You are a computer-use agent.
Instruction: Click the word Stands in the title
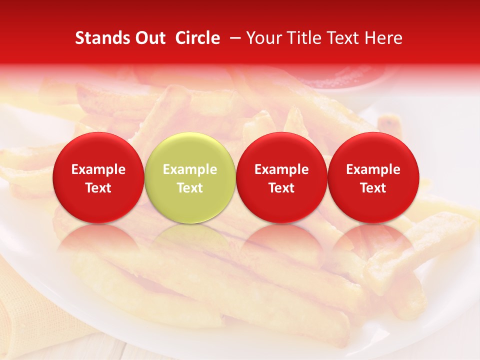coord(101,38)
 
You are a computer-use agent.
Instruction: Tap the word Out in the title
coord(149,38)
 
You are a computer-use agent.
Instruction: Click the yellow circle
coord(190,177)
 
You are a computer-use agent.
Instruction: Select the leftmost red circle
coord(98,177)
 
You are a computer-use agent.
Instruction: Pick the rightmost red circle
coord(373,177)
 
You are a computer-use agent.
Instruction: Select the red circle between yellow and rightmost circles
coord(281,177)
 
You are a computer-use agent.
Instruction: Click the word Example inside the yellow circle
coord(190,169)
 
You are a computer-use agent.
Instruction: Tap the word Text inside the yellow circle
coord(190,188)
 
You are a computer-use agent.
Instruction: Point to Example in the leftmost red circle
coord(98,169)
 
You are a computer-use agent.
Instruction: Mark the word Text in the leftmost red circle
coord(98,188)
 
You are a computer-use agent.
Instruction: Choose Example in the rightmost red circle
coord(373,169)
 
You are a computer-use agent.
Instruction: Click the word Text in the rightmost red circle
coord(373,188)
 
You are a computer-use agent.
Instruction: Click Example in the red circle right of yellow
coord(281,169)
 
